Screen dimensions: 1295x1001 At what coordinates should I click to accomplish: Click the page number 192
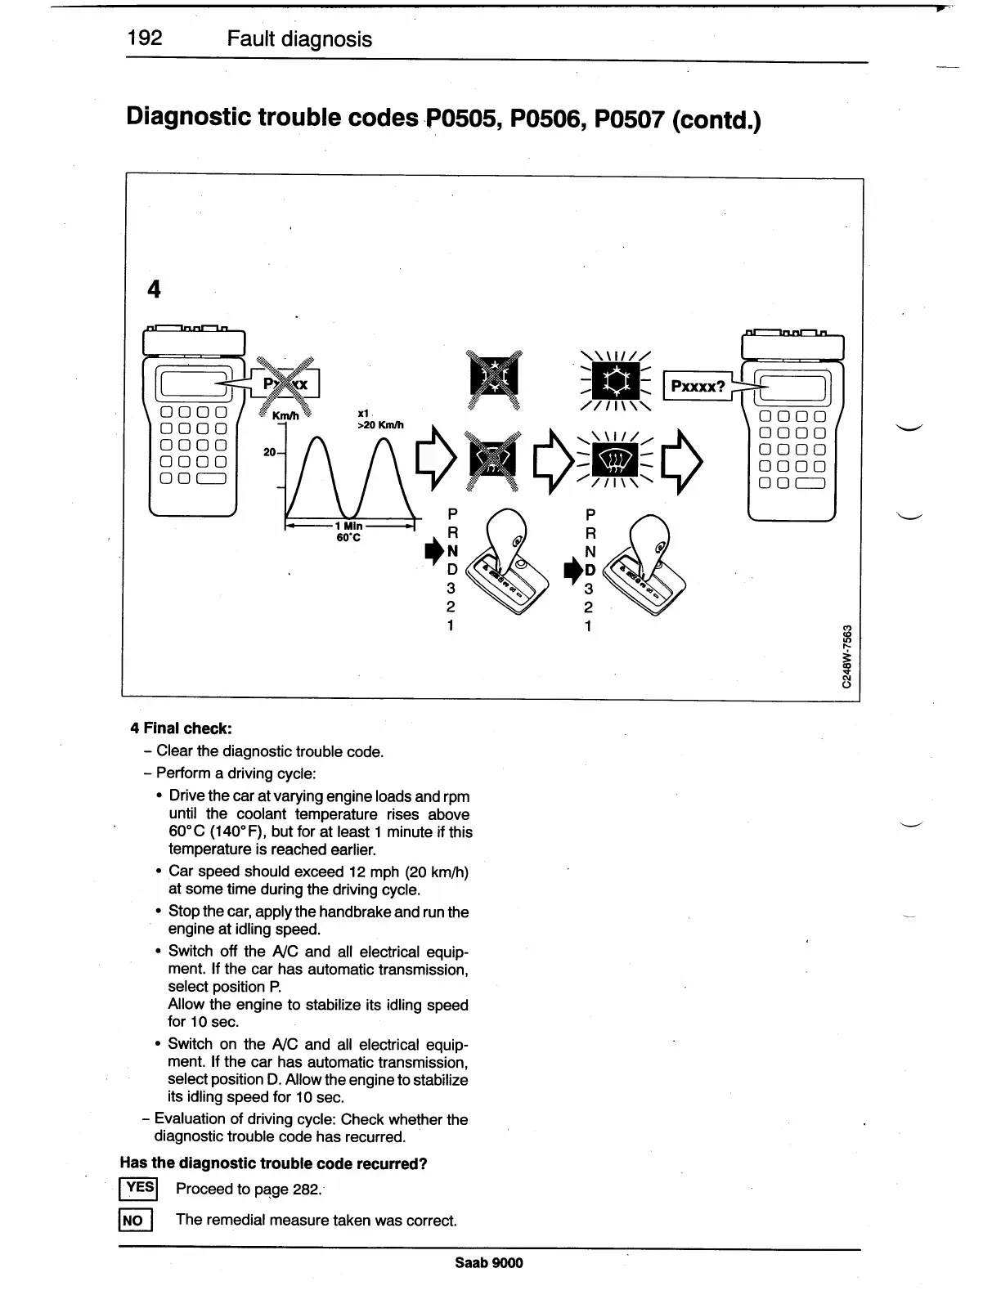[x=145, y=38]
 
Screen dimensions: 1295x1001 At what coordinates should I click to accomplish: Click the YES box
[x=139, y=1189]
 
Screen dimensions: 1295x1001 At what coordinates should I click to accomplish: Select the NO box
[x=133, y=1221]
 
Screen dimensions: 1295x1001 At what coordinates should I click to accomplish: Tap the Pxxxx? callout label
[x=698, y=386]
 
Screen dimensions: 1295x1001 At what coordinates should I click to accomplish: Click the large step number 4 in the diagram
[x=154, y=289]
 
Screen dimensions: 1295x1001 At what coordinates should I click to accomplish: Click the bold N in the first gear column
[x=452, y=552]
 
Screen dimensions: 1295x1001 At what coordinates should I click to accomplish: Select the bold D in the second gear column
[x=590, y=570]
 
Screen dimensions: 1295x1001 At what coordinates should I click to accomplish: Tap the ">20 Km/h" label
[x=380, y=425]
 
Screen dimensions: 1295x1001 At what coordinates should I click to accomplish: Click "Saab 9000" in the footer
[x=489, y=1262]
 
